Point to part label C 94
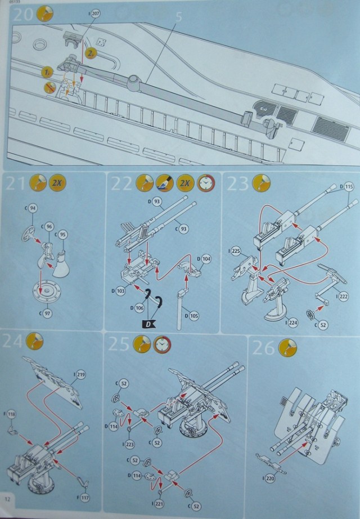tap(33, 209)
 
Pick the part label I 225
tap(236, 251)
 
